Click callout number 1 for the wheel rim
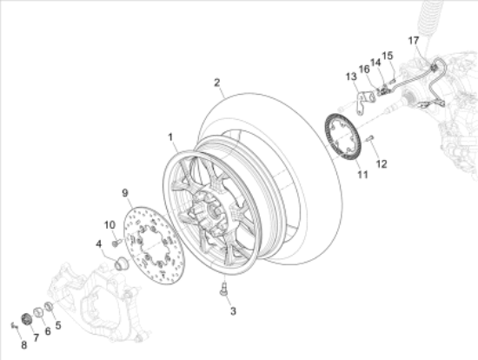point(171,137)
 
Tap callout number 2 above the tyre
point(216,83)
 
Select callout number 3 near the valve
point(232,310)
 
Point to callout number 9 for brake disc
point(124,192)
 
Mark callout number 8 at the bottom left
point(24,345)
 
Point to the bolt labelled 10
point(115,243)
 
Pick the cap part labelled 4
point(121,261)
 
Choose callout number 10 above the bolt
point(110,225)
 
